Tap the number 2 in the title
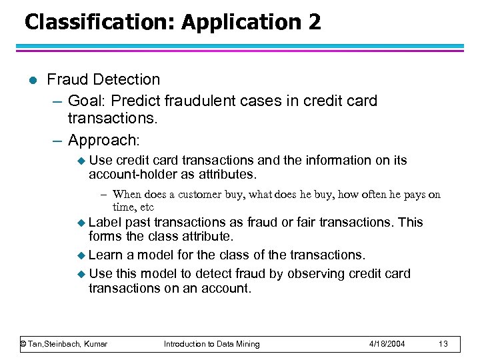tap(314, 22)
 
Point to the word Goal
tap(87, 101)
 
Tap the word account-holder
tap(134, 174)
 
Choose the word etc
tap(145, 207)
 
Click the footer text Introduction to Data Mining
tap(212, 344)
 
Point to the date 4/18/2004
tap(388, 344)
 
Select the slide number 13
tap(444, 344)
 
